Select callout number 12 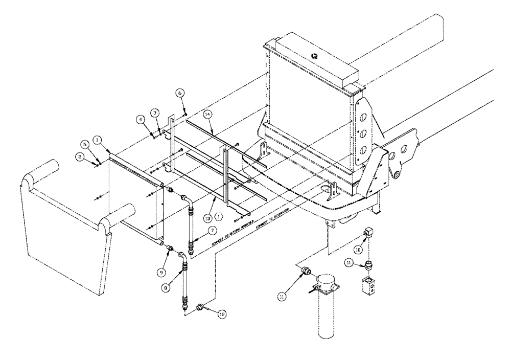click(221, 316)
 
